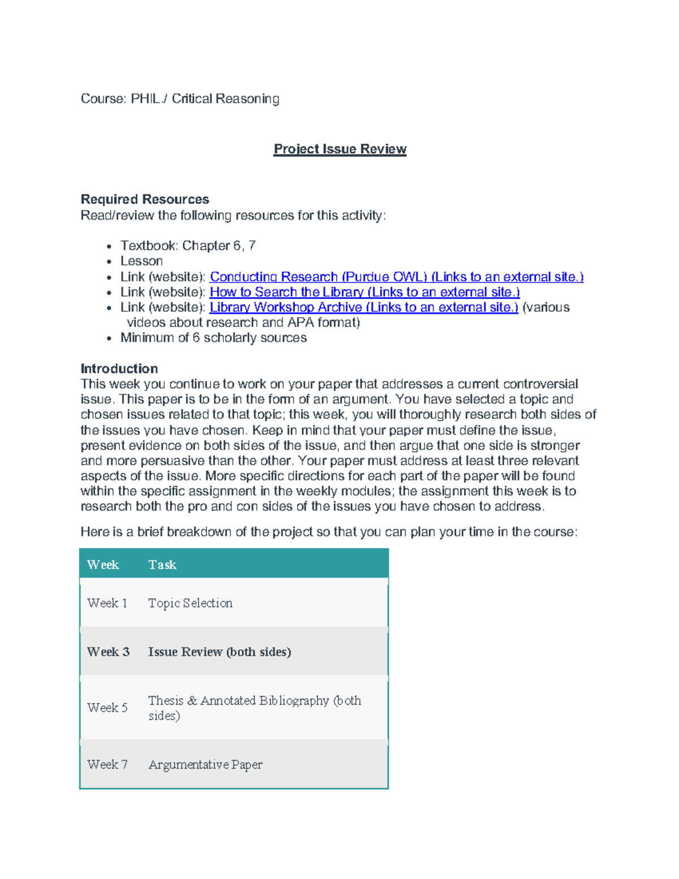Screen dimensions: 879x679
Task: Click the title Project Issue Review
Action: pyautogui.click(x=339, y=149)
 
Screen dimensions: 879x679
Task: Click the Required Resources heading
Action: pyautogui.click(x=145, y=199)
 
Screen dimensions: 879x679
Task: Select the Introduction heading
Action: pyautogui.click(x=119, y=368)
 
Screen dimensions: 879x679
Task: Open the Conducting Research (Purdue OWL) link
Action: pyautogui.click(x=396, y=277)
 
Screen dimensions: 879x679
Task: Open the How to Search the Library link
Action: pyautogui.click(x=364, y=292)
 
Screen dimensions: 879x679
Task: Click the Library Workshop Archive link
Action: pyautogui.click(x=363, y=307)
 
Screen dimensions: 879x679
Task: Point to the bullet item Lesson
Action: pyautogui.click(x=141, y=261)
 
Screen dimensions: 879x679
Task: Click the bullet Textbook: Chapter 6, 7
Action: pyautogui.click(x=188, y=246)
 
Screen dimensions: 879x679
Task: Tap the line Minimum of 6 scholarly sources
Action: pyautogui.click(x=213, y=338)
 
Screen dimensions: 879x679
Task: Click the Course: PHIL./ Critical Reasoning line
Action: pyautogui.click(x=180, y=99)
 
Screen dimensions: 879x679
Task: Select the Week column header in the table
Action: pyautogui.click(x=103, y=565)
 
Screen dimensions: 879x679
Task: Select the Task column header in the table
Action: pyautogui.click(x=162, y=565)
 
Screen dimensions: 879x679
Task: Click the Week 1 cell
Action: pyautogui.click(x=107, y=603)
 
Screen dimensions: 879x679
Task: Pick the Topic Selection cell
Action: pyautogui.click(x=190, y=603)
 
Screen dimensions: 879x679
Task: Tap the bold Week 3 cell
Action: pyautogui.click(x=108, y=652)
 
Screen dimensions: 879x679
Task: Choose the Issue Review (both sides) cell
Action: pyautogui.click(x=220, y=652)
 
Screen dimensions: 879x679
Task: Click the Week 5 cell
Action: pyautogui.click(x=107, y=708)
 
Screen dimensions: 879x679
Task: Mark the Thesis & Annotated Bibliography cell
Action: pyautogui.click(x=255, y=708)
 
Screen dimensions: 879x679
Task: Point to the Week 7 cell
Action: pyautogui.click(x=107, y=765)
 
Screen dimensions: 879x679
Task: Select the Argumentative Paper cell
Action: pyautogui.click(x=205, y=765)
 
